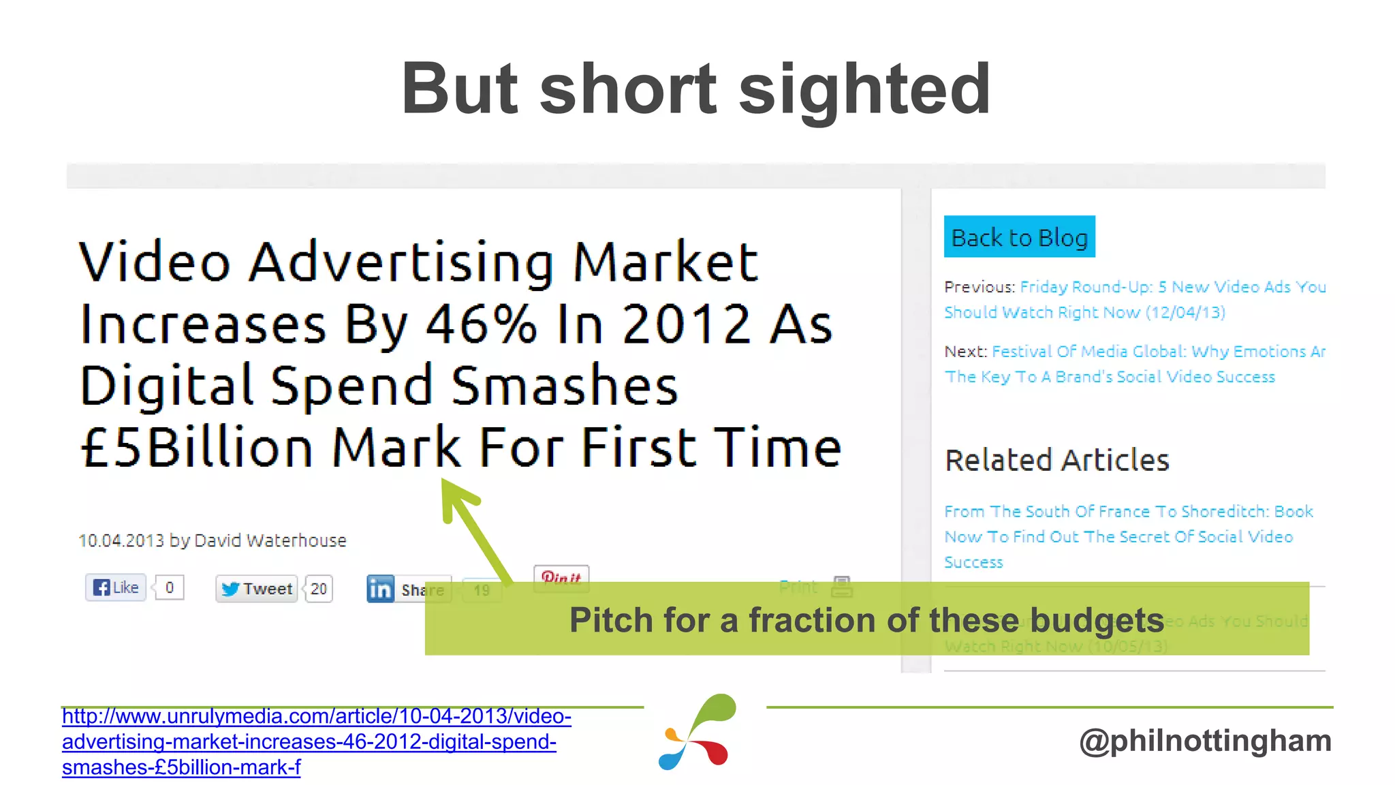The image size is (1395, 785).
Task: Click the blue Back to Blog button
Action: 1019,237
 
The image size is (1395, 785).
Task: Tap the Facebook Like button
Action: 116,587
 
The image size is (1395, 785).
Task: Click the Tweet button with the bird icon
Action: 257,589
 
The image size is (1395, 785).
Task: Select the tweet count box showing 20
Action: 319,589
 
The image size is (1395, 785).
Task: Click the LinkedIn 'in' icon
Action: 380,589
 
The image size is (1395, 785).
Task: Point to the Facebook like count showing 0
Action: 170,587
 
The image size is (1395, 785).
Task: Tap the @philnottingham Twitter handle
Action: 1205,741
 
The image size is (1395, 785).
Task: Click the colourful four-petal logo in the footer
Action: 698,733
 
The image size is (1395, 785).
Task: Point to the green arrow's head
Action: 454,495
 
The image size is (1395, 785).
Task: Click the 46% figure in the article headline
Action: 482,324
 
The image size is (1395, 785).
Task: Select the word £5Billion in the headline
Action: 197,448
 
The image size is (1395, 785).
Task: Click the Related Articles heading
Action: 1057,461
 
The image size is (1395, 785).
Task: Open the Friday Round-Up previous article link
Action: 1135,300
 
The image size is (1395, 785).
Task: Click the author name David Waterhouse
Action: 270,540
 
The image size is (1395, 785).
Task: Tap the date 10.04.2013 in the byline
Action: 121,540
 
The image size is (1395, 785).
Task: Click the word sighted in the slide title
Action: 864,89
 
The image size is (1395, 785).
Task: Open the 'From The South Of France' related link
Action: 1128,536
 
